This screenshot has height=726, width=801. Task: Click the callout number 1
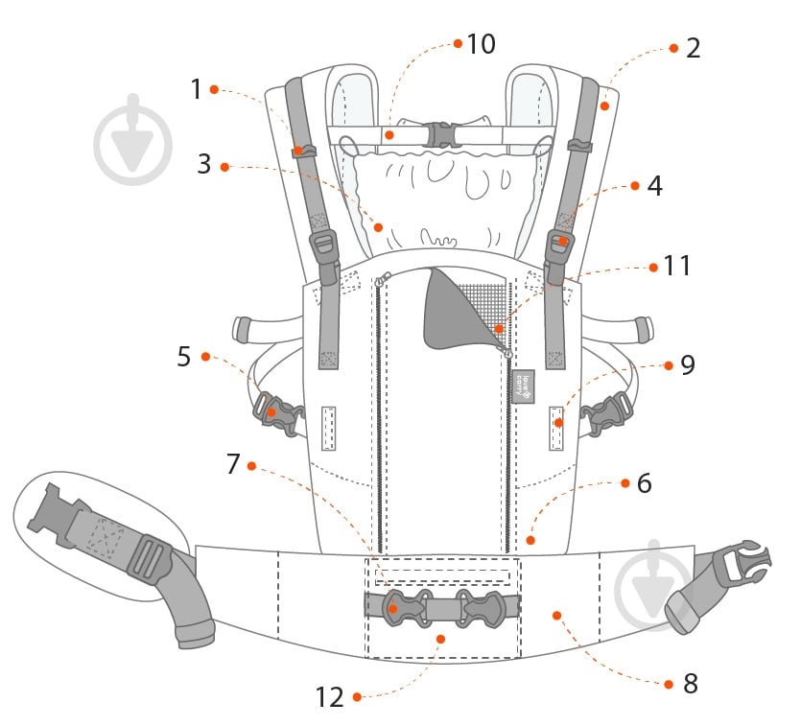[x=197, y=89]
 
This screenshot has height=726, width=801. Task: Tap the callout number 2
[x=693, y=48]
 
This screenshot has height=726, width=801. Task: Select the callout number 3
[x=203, y=163]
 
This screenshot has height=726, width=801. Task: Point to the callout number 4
[x=654, y=185]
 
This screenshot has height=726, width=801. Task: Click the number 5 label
[x=184, y=356]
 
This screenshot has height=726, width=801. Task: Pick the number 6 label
[x=644, y=483]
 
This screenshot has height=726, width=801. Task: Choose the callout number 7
[x=232, y=464]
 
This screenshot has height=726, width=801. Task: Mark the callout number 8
[x=691, y=684]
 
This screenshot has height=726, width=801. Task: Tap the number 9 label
[x=687, y=364]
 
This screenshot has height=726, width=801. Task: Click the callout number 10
[x=480, y=44]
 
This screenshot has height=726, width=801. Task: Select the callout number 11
[x=677, y=266]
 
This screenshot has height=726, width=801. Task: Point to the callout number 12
[x=329, y=697]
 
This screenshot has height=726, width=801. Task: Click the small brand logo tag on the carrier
[x=523, y=385]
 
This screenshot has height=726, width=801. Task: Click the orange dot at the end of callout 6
[x=530, y=541]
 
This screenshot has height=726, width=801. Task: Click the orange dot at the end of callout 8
[x=556, y=615]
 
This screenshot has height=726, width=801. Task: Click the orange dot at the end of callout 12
[x=440, y=637]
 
